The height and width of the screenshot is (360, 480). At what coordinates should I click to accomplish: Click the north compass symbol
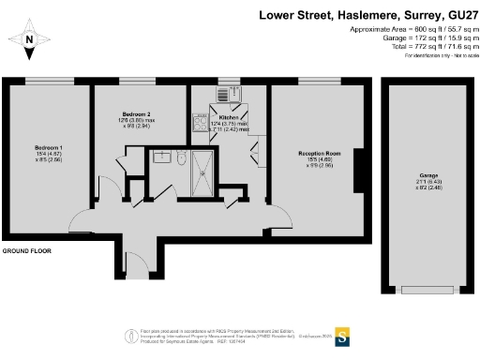30,39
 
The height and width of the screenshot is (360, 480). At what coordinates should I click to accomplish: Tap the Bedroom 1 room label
49,148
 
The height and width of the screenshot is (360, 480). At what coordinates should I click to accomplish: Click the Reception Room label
319,153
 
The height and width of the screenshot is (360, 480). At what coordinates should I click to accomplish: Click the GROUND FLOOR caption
25,251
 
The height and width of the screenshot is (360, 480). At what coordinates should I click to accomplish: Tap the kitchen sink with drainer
223,94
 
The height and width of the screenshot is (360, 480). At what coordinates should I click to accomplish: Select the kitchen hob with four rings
200,120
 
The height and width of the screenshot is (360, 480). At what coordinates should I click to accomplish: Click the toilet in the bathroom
181,157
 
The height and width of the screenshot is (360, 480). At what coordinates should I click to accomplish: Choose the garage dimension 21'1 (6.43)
416,183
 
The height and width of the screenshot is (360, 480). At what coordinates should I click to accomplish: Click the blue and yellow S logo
343,334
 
